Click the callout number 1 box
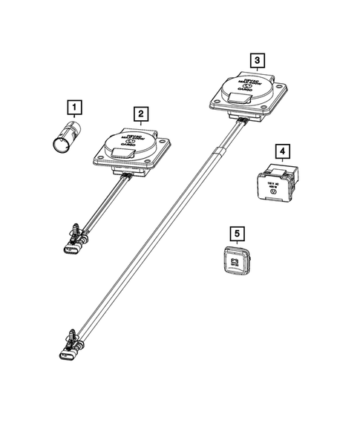(73, 106)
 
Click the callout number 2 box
(139, 114)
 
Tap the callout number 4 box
(283, 152)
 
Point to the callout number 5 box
(237, 234)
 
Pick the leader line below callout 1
(73, 117)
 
